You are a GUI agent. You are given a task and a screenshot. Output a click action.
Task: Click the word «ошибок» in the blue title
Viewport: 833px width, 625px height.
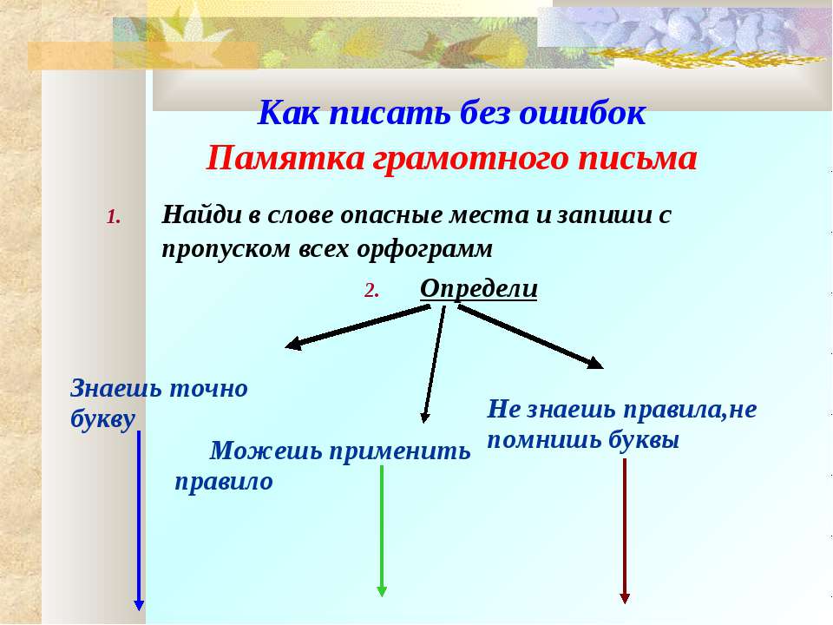[x=582, y=113]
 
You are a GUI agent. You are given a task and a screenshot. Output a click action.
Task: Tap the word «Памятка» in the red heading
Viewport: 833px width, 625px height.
[x=285, y=158]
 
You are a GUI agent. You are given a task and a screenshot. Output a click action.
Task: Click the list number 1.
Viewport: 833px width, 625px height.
[x=114, y=217]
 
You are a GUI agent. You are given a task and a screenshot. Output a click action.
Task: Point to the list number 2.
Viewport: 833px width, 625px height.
[x=372, y=291]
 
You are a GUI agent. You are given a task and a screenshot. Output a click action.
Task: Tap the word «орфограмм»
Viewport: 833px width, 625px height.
[x=424, y=249]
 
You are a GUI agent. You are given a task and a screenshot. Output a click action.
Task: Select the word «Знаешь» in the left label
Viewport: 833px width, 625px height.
[x=115, y=389]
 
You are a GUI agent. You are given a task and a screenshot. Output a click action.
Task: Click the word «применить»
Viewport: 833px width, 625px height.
[x=400, y=452]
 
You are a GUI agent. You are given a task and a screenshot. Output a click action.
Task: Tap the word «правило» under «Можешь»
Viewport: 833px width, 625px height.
[x=224, y=483]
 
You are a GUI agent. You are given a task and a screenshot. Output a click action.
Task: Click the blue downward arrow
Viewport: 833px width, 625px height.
[x=139, y=521]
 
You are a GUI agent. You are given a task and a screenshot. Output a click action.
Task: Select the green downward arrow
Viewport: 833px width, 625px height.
[x=382, y=531]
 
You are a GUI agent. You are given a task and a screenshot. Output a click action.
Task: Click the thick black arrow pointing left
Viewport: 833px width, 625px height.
[x=357, y=327]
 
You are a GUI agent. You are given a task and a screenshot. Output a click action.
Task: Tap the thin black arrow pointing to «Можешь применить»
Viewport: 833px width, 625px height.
[x=434, y=365]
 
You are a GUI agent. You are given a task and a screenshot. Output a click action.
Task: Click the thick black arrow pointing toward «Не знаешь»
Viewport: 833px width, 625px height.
[x=531, y=337]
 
